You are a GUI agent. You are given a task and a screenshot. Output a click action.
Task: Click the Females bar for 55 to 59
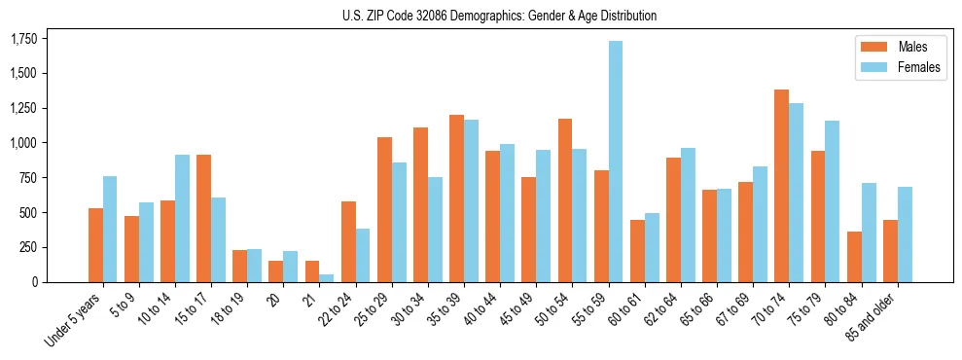pyautogui.click(x=616, y=162)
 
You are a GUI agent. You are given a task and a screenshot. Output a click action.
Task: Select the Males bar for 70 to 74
pyautogui.click(x=781, y=186)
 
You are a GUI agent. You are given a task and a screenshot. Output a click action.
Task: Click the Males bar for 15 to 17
pyautogui.click(x=203, y=218)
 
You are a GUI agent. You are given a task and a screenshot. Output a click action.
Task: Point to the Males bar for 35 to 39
pyautogui.click(x=456, y=198)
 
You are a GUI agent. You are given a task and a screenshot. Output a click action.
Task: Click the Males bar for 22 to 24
pyautogui.click(x=348, y=241)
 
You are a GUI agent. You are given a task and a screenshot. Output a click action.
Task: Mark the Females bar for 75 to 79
pyautogui.click(x=832, y=201)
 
